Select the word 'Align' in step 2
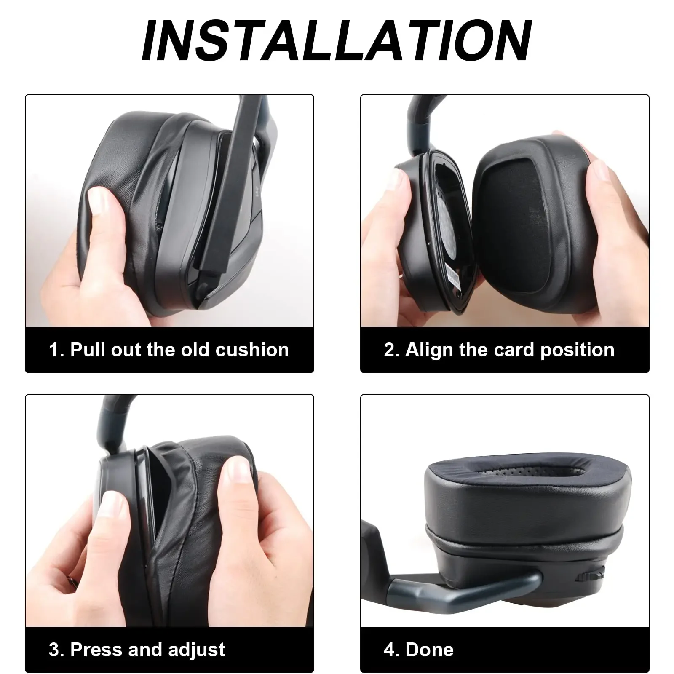tap(426, 350)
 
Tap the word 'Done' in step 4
tap(430, 650)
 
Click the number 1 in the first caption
tap(54, 350)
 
